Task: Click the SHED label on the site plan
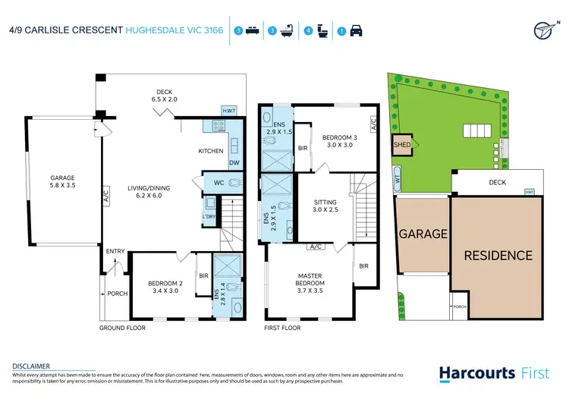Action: point(401,145)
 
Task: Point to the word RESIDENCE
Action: point(498,255)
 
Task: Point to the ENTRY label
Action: point(115,252)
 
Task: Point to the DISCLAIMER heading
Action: point(31,366)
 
